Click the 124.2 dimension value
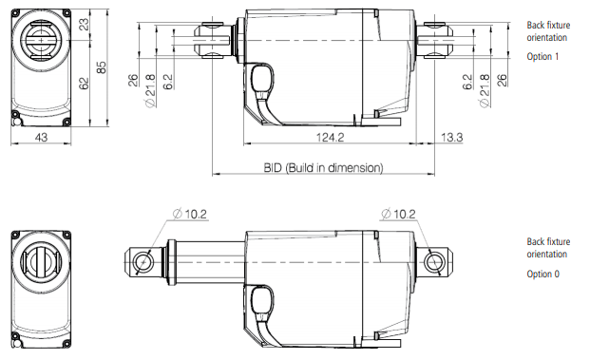click(x=330, y=137)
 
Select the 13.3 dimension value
click(x=451, y=137)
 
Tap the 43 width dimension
click(x=41, y=138)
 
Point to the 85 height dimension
click(x=102, y=67)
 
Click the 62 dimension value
click(x=84, y=84)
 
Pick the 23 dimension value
click(x=84, y=24)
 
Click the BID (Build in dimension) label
click(x=323, y=167)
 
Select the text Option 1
click(x=542, y=56)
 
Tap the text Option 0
click(x=542, y=274)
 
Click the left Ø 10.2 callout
click(x=190, y=214)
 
